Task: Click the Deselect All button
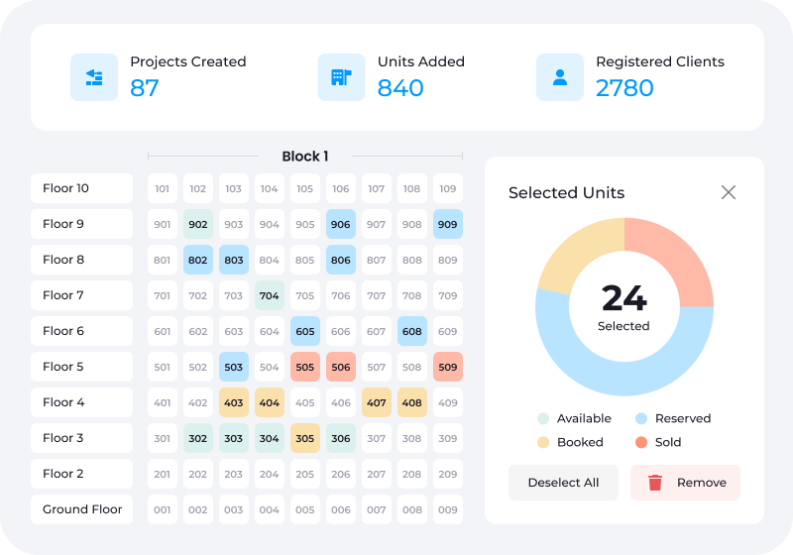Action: [563, 483]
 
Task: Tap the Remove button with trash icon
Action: [685, 483]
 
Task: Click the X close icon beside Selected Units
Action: [729, 192]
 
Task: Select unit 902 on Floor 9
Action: [198, 224]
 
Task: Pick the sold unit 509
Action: [448, 367]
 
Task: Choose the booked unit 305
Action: [305, 438]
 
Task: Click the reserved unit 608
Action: [412, 331]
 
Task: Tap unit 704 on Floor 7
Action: [270, 295]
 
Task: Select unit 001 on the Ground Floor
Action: [163, 509]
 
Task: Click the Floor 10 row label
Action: [81, 188]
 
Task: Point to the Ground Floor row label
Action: [81, 509]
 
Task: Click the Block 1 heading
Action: [305, 156]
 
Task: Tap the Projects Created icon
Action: [94, 77]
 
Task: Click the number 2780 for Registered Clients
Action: [624, 88]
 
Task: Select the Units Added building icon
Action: [341, 77]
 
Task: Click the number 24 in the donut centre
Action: [624, 297]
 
